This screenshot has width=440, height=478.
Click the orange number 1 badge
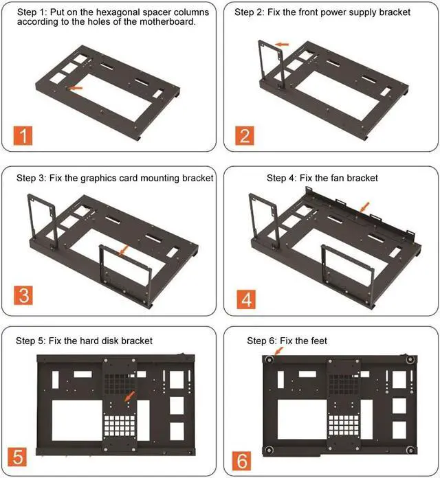pos(23,135)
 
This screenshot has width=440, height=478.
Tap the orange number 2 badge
pos(245,135)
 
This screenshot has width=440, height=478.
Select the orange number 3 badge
pos(23,295)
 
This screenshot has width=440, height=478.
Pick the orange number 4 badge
pos(246,299)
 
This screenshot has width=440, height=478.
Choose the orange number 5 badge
pos(17,457)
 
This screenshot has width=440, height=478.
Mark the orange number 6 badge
pos(241,461)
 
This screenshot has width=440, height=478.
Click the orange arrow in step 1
pos(74,88)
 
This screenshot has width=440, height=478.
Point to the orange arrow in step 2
pos(282,44)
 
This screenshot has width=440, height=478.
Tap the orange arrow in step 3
pos(124,250)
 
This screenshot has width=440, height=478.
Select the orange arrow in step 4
pos(364,207)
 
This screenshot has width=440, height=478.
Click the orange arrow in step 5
pos(130,396)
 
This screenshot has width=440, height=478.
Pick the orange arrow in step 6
pos(278,351)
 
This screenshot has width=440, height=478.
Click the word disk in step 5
pos(110,341)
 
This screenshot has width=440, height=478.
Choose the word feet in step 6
pos(319,341)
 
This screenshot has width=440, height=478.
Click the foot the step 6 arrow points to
pos(269,359)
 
